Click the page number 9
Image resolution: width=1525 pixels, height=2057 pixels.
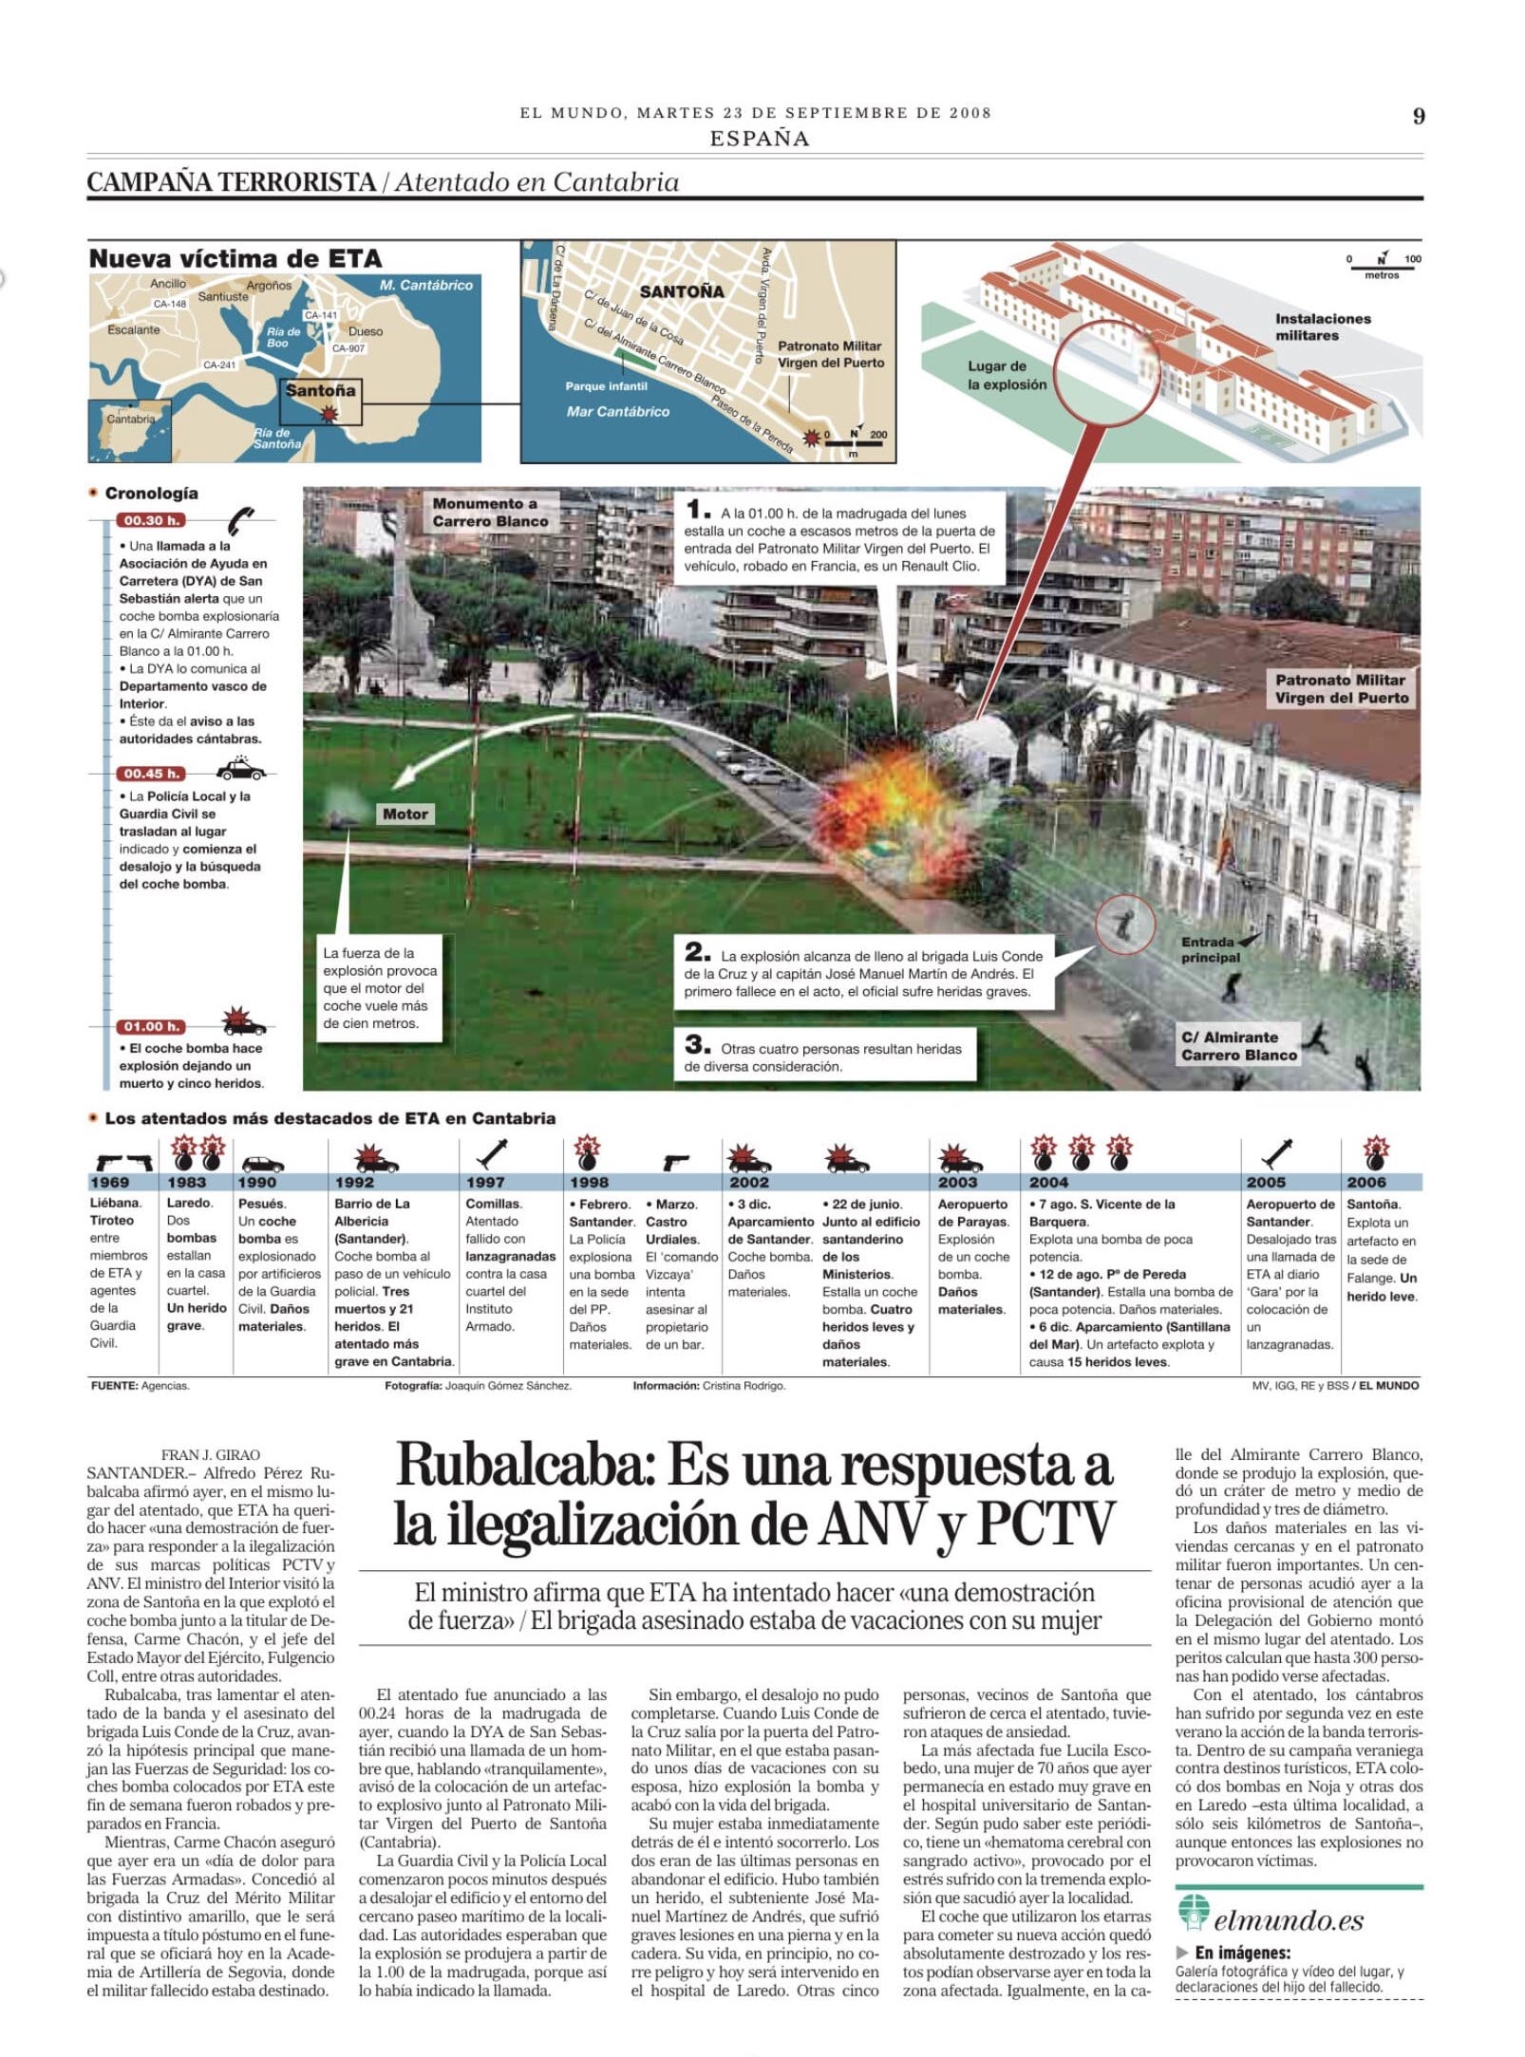point(1418,116)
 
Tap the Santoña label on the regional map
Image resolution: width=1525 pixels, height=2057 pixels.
point(320,390)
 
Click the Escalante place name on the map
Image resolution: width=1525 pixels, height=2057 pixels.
point(134,330)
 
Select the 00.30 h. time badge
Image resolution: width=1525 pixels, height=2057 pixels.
point(150,520)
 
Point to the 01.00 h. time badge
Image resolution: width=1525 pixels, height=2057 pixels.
point(150,1026)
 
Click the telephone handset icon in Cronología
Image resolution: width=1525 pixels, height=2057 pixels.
point(240,520)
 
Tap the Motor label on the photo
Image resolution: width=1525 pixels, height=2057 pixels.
point(405,813)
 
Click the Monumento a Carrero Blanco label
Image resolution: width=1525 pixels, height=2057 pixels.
point(490,513)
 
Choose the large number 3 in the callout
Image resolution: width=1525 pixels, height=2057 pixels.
point(697,1043)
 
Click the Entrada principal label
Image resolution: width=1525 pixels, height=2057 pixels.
point(1209,949)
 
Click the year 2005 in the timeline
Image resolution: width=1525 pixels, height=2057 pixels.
point(1266,1182)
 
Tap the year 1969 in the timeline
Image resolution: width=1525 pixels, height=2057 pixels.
point(109,1182)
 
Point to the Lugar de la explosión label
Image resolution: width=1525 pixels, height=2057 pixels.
point(1007,375)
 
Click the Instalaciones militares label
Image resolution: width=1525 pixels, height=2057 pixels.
point(1323,327)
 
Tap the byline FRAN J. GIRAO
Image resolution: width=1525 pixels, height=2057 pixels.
point(210,1455)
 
